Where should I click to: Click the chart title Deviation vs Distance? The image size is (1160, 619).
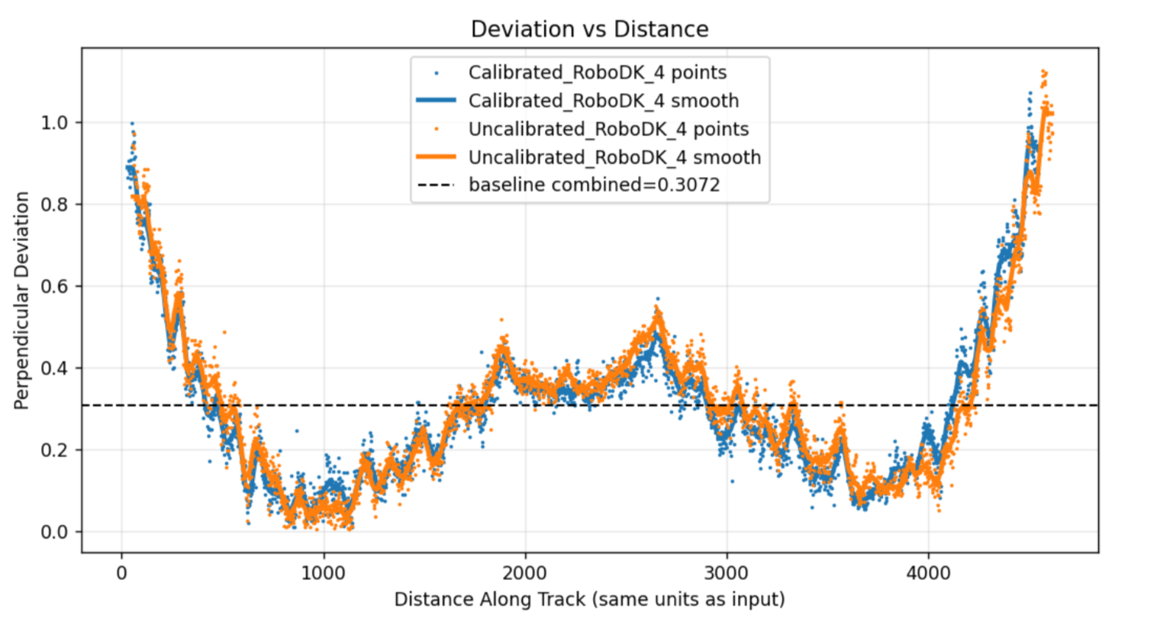[589, 29]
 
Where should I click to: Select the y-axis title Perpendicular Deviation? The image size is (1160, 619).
[21, 301]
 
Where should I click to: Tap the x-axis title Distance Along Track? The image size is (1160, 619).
[589, 599]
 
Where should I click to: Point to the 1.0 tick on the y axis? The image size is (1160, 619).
[56, 123]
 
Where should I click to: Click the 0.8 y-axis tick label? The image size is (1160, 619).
[56, 205]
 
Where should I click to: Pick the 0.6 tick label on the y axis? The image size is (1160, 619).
[56, 286]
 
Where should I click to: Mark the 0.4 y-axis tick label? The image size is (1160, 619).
[56, 369]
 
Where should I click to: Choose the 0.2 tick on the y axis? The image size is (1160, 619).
[56, 450]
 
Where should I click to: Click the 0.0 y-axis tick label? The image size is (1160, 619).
[56, 532]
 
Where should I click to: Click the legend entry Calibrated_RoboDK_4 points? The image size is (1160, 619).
[597, 73]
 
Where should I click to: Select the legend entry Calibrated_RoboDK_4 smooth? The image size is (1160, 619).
[603, 101]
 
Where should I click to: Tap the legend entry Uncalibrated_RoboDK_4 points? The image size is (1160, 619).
[608, 129]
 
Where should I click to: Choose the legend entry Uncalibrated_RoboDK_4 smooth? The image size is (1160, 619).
[614, 157]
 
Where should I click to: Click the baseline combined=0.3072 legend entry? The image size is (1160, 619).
[594, 185]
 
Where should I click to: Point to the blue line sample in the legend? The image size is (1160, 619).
[436, 101]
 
